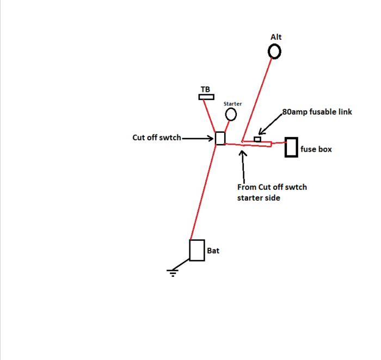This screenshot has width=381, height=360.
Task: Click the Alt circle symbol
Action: [x=274, y=52]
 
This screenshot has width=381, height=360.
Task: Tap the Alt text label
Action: [x=276, y=37]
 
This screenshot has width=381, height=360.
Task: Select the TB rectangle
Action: [x=206, y=97]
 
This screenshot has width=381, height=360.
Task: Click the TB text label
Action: [x=205, y=89]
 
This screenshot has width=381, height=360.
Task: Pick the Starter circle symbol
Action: [x=231, y=114]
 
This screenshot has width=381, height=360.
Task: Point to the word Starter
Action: [x=232, y=104]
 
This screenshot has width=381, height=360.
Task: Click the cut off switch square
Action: [x=220, y=138]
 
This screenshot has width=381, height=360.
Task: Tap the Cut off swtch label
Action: [x=157, y=138]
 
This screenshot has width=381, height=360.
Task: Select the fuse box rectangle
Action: [x=291, y=147]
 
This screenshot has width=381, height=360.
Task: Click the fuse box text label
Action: [x=316, y=149]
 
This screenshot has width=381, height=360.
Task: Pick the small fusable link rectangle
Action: [x=257, y=139]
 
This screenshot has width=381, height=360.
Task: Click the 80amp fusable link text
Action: [x=317, y=112]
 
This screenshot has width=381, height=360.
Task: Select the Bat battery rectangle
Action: [x=197, y=250]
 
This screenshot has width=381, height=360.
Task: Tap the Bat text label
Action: [x=213, y=251]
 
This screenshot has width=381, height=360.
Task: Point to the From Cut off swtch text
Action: [x=272, y=187]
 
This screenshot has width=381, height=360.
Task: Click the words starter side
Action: [x=259, y=198]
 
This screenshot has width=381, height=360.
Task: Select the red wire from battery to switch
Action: [x=203, y=193]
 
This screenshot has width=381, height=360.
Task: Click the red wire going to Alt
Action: [x=256, y=100]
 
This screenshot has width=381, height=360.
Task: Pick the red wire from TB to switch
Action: [x=209, y=116]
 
